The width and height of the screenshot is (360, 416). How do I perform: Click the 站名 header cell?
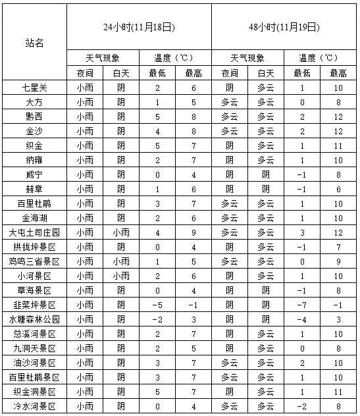pyautogui.click(x=34, y=43)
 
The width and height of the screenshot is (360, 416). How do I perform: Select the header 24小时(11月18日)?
pyautogui.click(x=139, y=28)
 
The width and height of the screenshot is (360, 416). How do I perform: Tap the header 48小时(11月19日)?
pyautogui.click(x=284, y=28)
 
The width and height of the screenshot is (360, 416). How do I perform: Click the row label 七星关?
pyautogui.click(x=34, y=88)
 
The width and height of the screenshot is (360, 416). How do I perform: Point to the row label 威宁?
pyautogui.click(x=34, y=174)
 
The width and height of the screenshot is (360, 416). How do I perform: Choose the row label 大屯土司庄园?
pyautogui.click(x=34, y=232)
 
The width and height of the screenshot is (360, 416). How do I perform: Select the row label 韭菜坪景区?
pyautogui.click(x=34, y=305)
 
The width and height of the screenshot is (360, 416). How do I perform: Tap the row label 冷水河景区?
pyautogui.click(x=34, y=406)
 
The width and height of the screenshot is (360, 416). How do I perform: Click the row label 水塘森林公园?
pyautogui.click(x=34, y=319)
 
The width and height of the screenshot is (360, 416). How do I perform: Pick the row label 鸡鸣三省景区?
pyautogui.click(x=34, y=261)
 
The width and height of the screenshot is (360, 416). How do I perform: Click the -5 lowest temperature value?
pyautogui.click(x=157, y=305)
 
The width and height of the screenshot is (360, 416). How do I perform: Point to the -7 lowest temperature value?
pyautogui.click(x=301, y=305)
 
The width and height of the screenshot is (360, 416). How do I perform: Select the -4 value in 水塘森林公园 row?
pyautogui.click(x=301, y=319)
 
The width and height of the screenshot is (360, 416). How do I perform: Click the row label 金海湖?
pyautogui.click(x=34, y=218)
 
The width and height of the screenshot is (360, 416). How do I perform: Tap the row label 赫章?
pyautogui.click(x=34, y=189)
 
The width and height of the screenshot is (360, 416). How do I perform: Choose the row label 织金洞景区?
pyautogui.click(x=34, y=392)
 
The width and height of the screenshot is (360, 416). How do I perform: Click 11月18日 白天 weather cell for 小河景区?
pyautogui.click(x=120, y=276)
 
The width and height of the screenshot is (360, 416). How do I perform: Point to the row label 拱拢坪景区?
pyautogui.click(x=34, y=247)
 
